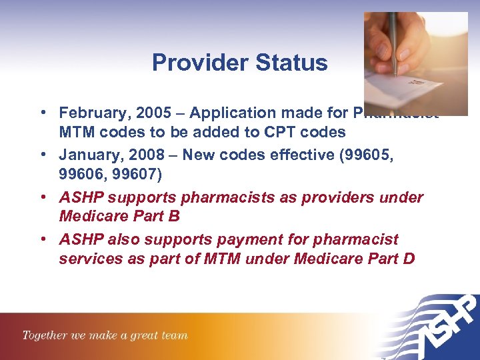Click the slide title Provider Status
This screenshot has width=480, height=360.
click(x=239, y=63)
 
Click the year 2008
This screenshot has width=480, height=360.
click(x=137, y=155)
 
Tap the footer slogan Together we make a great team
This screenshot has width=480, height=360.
click(x=105, y=335)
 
